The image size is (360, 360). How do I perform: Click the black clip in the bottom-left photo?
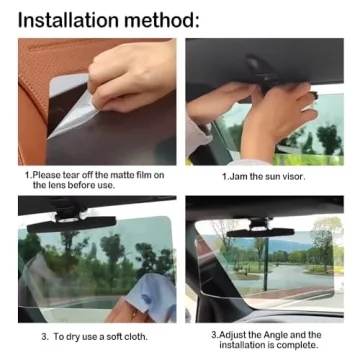pyautogui.click(x=80, y=212)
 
